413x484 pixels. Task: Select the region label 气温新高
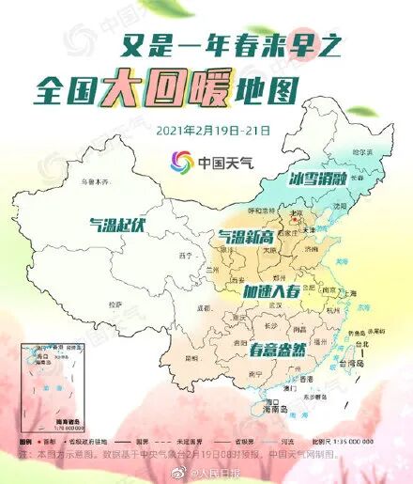click(x=249, y=235)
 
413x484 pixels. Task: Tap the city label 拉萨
click(x=115, y=304)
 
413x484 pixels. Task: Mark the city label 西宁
click(x=186, y=254)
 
